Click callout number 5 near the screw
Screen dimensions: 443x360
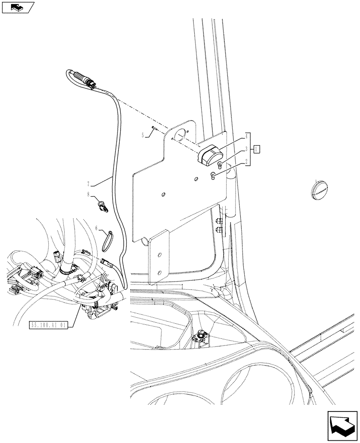coord(143,135)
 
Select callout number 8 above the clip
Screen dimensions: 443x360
coord(89,194)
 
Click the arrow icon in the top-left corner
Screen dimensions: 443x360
coord(18,8)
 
